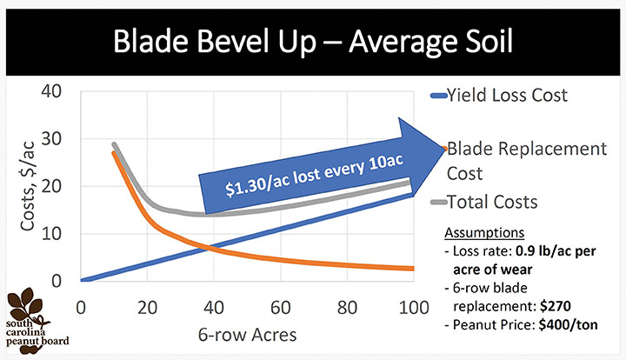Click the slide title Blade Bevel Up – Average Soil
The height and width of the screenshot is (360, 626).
[x=313, y=41]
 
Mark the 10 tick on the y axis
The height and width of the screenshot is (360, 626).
[x=59, y=234]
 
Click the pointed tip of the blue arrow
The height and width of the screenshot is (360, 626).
[x=444, y=149]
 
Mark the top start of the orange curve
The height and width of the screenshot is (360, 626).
[x=115, y=153]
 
